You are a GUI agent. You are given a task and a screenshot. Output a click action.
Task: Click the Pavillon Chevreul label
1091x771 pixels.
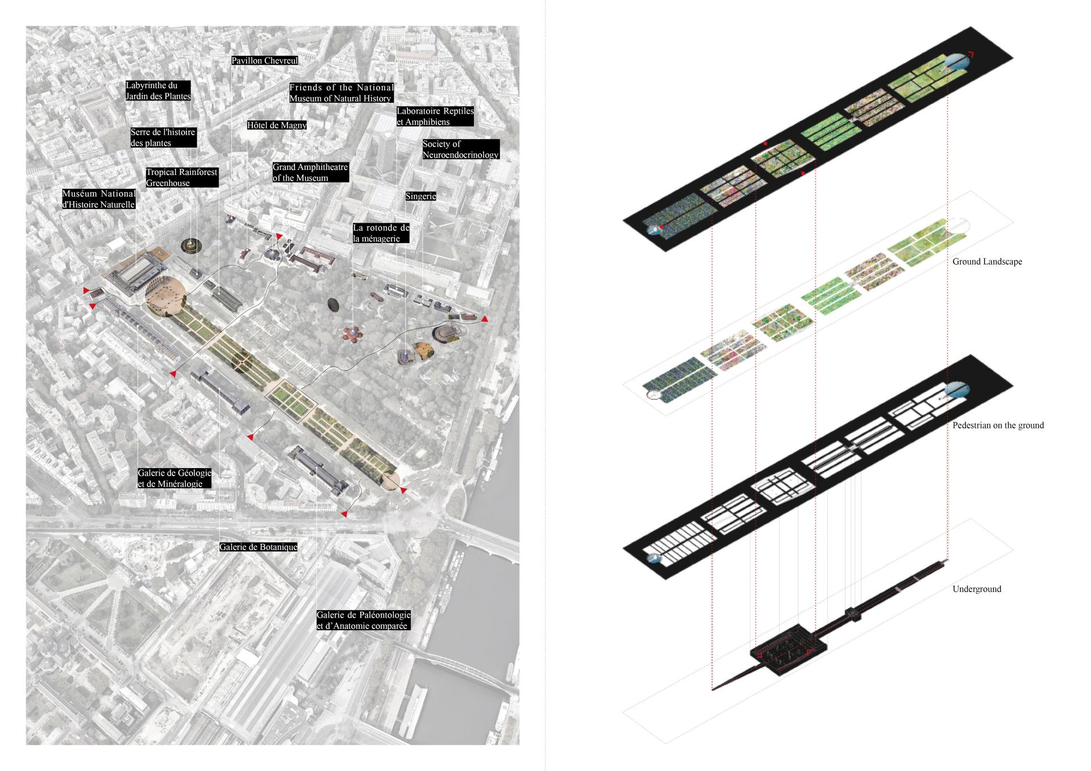click(264, 60)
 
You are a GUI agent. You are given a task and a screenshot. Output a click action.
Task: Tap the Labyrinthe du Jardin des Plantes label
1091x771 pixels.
click(158, 91)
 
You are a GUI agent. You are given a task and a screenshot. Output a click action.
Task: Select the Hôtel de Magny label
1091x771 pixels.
click(277, 125)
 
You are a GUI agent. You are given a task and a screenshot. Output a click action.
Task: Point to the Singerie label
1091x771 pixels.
click(420, 196)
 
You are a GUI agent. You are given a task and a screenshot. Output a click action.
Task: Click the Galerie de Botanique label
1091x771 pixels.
click(259, 547)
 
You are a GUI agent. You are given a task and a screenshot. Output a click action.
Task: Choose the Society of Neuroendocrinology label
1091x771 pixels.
click(460, 149)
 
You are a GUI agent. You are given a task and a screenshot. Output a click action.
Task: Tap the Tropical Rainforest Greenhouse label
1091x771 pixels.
click(181, 177)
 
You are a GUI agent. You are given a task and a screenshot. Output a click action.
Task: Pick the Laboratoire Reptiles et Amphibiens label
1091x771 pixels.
click(435, 116)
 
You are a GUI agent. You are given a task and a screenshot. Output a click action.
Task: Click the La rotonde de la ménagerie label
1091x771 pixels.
click(381, 233)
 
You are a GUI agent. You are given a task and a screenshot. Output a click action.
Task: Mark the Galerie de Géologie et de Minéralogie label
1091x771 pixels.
click(174, 478)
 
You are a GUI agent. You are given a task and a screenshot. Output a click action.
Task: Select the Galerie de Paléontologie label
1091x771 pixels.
click(363, 620)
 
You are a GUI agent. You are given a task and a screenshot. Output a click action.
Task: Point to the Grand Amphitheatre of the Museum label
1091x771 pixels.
click(310, 172)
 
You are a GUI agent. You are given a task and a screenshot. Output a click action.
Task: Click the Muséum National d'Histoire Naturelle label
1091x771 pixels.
click(99, 199)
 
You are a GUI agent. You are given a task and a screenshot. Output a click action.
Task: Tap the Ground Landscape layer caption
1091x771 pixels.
click(987, 261)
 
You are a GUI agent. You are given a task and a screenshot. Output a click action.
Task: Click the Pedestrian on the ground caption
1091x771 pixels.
click(998, 425)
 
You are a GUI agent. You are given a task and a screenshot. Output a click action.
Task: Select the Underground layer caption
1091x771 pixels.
click(977, 589)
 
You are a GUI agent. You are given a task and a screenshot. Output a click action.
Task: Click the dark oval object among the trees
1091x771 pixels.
click(334, 305)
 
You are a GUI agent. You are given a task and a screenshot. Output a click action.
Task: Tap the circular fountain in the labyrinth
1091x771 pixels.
click(189, 245)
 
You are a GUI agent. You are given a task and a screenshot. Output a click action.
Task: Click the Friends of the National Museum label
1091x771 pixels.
click(341, 93)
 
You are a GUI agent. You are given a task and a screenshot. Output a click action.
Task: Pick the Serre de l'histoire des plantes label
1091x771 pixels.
click(163, 137)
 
